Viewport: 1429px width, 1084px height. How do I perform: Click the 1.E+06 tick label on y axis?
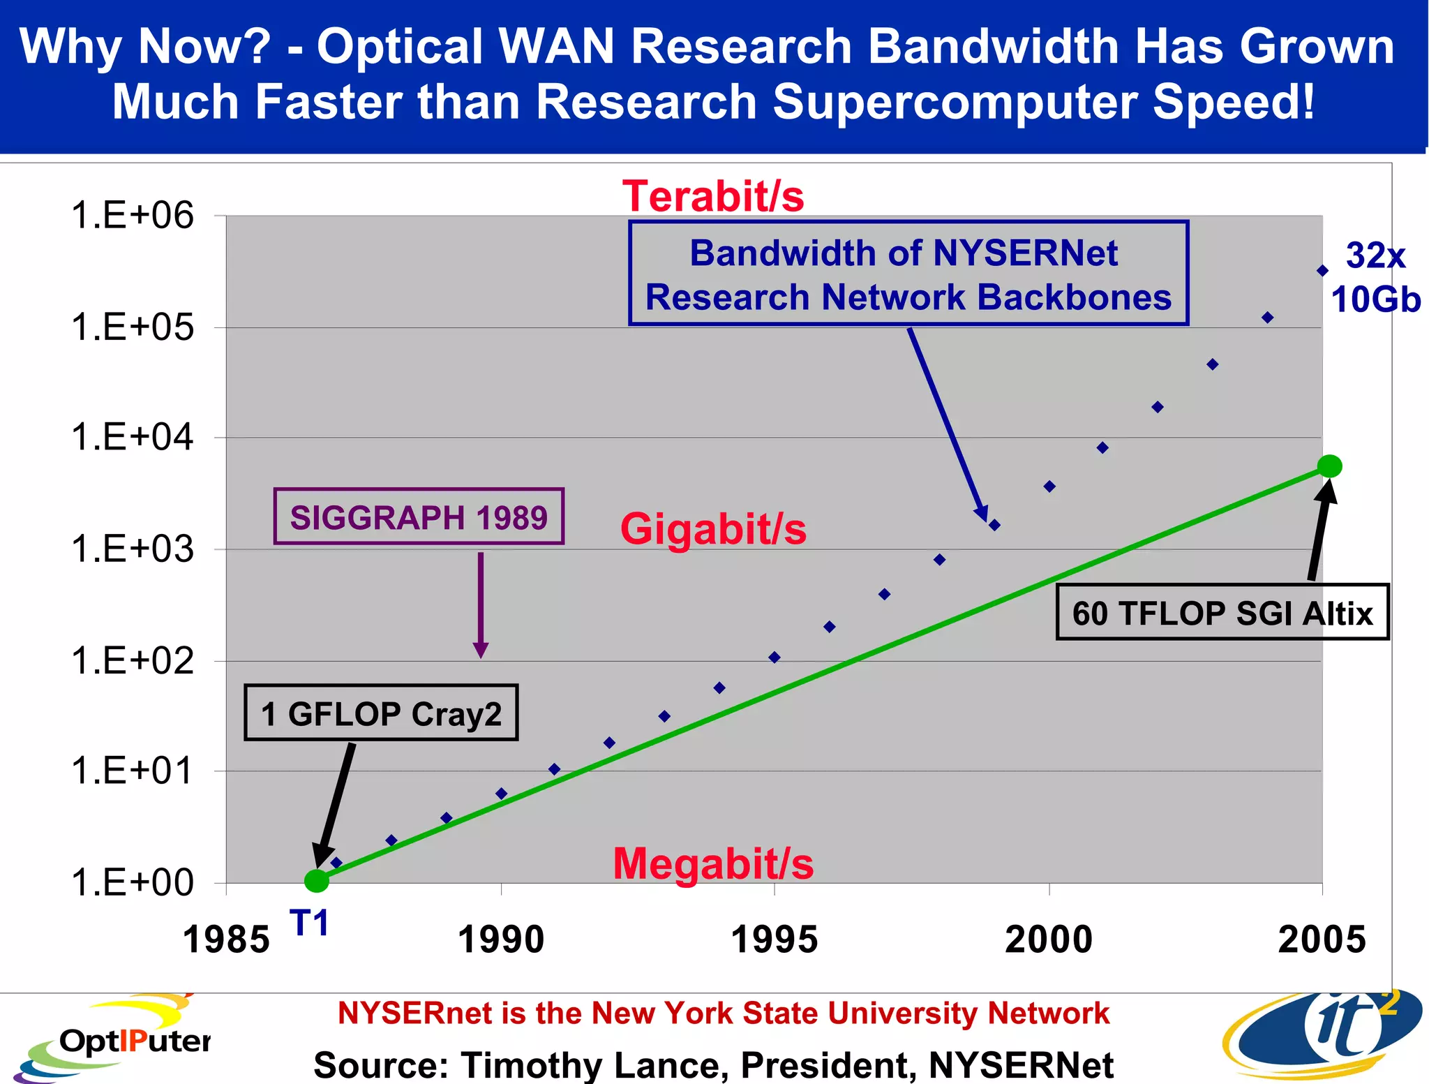(132, 215)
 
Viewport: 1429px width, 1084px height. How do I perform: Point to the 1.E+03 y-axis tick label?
(132, 549)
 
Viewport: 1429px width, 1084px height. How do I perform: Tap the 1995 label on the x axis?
(774, 940)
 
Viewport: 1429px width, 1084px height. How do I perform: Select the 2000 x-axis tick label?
(1049, 940)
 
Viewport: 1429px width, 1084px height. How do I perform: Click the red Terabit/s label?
(713, 196)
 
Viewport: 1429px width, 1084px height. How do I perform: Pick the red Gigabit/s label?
(713, 529)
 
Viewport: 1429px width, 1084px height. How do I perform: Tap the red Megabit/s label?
(713, 864)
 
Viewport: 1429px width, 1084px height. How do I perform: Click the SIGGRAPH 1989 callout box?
(419, 517)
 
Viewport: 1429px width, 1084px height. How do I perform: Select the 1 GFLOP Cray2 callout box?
(381, 713)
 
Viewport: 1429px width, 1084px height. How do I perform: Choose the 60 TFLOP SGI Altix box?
(1222, 612)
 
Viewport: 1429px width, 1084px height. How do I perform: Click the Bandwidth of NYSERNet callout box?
(908, 274)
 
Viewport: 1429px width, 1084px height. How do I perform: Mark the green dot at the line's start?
(317, 881)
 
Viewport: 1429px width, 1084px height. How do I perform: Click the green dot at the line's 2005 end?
(1329, 466)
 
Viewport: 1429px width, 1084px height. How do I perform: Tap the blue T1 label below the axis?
(308, 923)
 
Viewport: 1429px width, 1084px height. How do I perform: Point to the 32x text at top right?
(1375, 255)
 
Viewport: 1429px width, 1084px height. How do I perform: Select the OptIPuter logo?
(112, 1040)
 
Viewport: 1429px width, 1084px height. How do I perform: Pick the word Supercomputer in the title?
(955, 102)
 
